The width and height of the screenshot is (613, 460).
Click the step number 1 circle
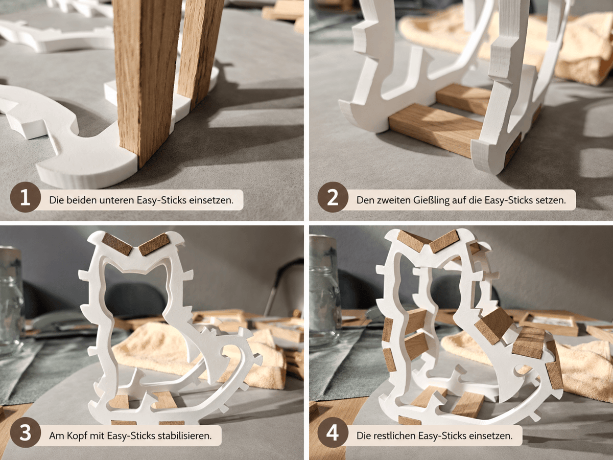[26, 198]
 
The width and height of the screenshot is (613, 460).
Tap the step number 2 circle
[333, 198]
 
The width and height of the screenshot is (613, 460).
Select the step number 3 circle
[26, 433]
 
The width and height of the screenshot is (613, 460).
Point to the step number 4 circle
[333, 433]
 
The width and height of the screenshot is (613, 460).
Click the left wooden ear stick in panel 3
[117, 244]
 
